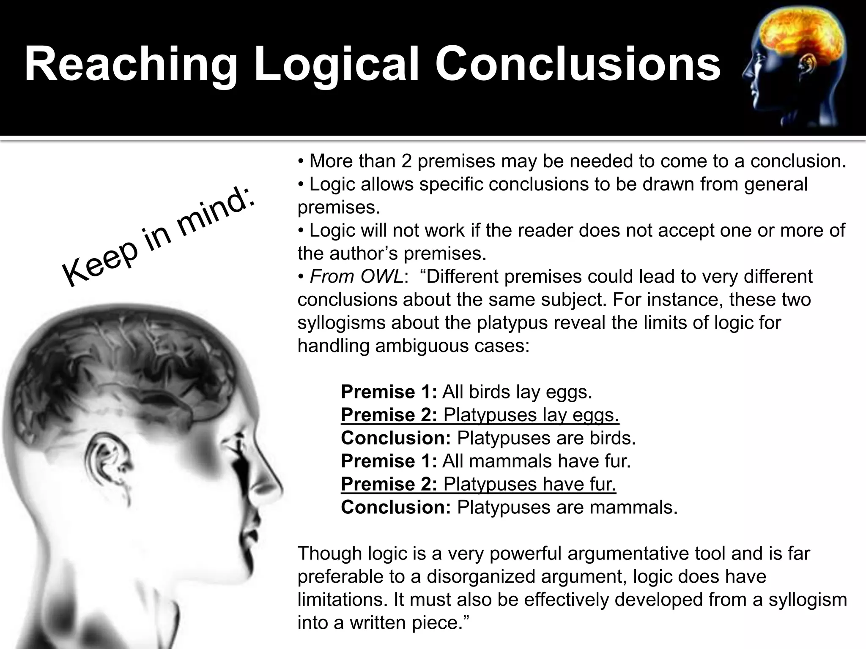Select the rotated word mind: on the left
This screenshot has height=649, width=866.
[x=216, y=215]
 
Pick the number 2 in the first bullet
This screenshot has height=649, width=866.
[x=407, y=161]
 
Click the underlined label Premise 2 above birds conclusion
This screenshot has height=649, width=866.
[x=389, y=415]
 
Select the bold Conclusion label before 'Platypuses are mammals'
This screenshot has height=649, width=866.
[x=396, y=507]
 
